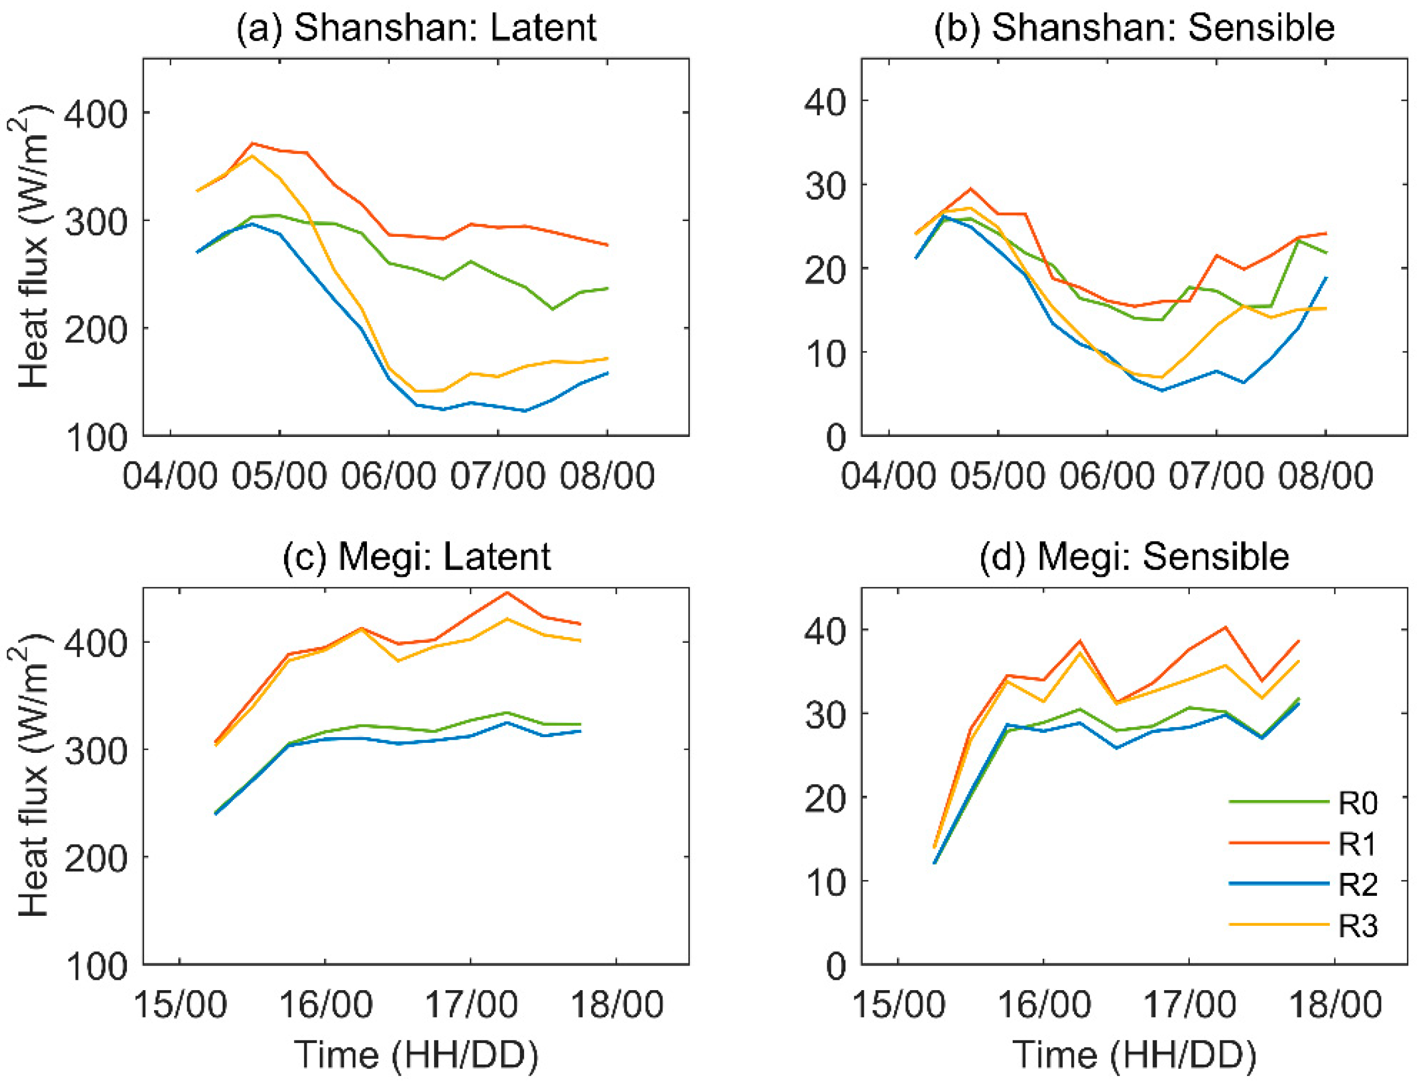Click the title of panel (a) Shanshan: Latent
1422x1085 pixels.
pyautogui.click(x=416, y=28)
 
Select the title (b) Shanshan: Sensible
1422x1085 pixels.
pyautogui.click(x=1134, y=28)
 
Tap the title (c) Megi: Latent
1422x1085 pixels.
pyautogui.click(x=416, y=557)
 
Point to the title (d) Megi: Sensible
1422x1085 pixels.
pyautogui.click(x=1134, y=557)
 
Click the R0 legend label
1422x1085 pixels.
pyautogui.click(x=1358, y=803)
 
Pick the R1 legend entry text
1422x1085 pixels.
pyautogui.click(x=1358, y=843)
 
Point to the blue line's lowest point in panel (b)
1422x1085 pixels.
pyautogui.click(x=1162, y=390)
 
